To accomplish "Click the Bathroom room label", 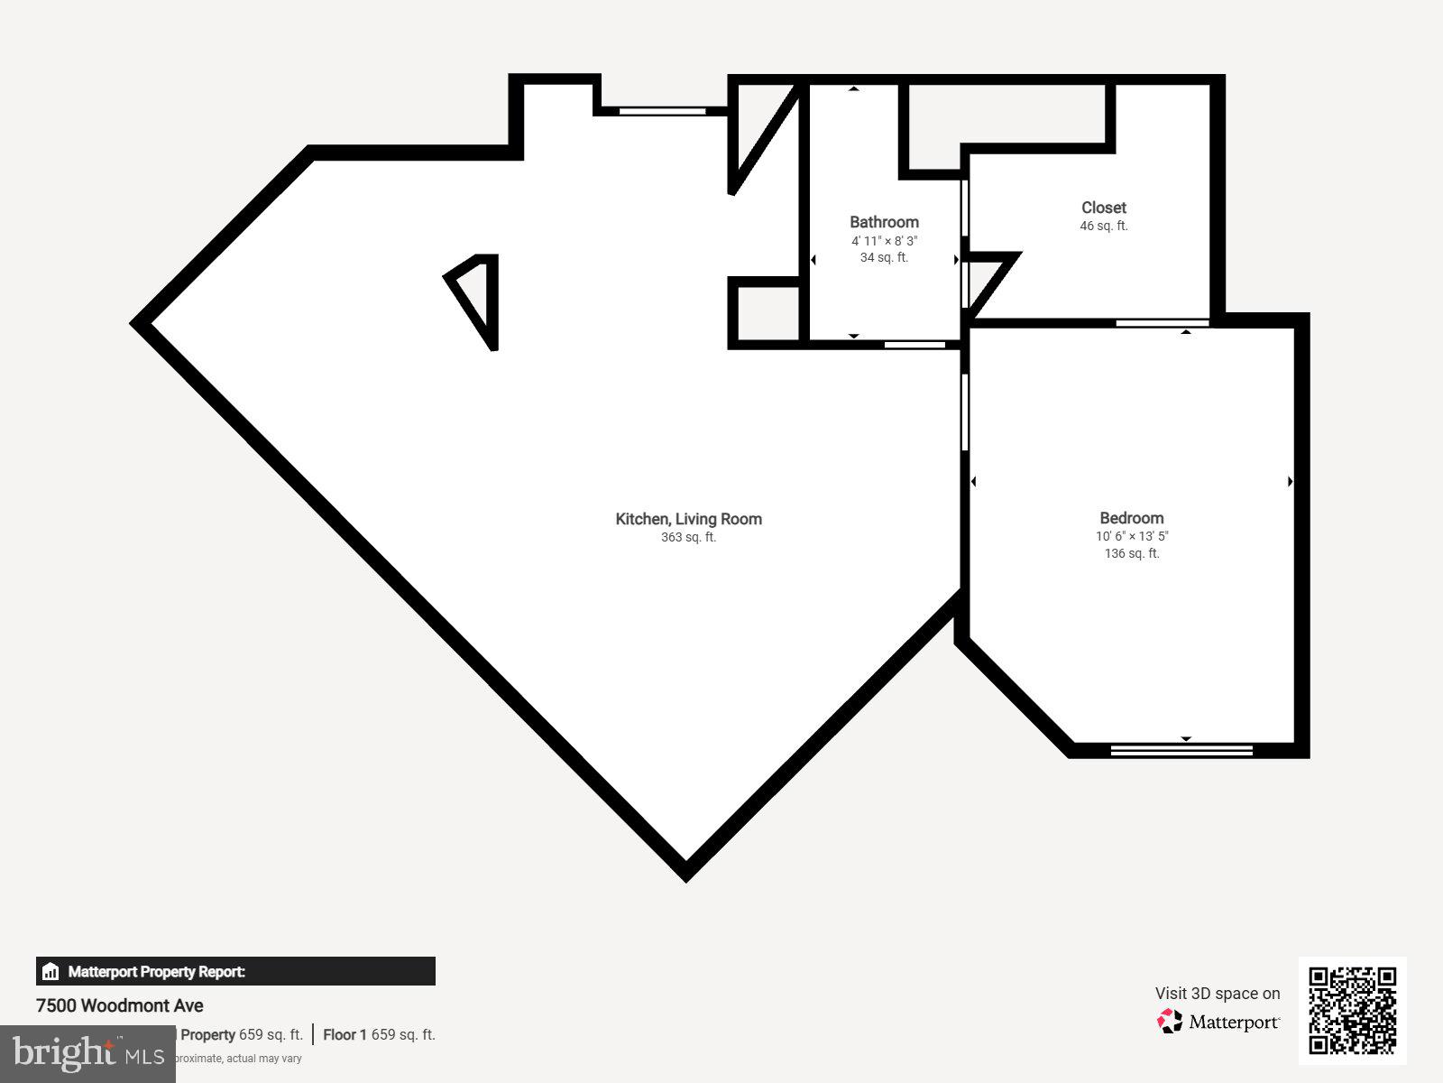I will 884,222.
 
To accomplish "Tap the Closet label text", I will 1104,208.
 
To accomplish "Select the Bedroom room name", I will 1131,518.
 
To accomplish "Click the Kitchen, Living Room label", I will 688,519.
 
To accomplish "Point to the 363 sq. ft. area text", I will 688,538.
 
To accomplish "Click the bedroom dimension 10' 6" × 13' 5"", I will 1132,536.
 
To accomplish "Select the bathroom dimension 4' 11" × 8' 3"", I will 884,241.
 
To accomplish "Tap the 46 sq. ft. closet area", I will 1104,227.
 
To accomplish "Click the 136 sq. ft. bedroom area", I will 1132,553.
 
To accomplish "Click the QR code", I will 1352,1010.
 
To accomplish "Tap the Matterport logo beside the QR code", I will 1218,1022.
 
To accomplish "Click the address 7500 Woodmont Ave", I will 120,1005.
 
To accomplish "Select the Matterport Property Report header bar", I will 235,971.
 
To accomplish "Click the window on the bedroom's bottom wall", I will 1181,749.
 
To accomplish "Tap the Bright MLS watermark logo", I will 87,1053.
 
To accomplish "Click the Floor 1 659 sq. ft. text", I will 379,1034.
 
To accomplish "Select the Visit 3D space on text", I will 1218,994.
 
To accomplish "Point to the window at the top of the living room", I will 662,111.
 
